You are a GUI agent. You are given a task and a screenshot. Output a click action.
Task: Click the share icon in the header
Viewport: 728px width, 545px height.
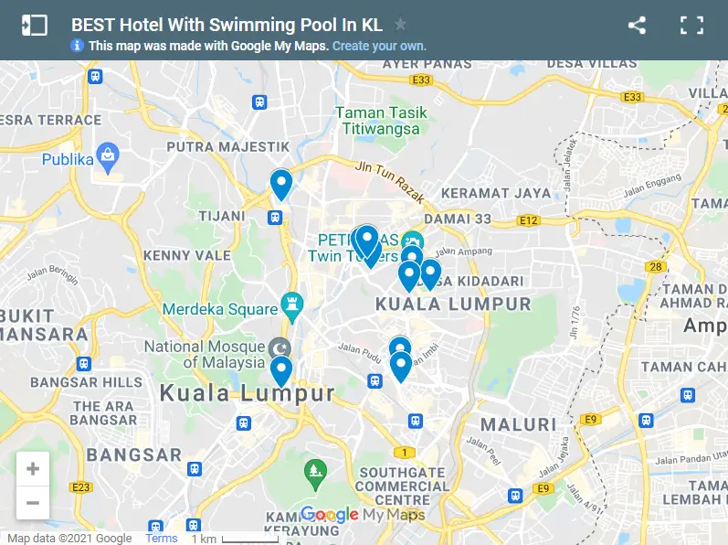click(x=637, y=26)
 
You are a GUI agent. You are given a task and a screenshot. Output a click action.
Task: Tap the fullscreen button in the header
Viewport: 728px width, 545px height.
click(x=691, y=26)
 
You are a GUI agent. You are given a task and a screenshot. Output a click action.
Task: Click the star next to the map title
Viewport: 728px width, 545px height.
click(x=400, y=25)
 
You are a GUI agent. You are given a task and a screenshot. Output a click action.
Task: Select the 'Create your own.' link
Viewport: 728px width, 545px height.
click(x=379, y=46)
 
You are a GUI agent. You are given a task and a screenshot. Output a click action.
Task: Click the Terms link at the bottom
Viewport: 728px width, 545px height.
click(x=162, y=538)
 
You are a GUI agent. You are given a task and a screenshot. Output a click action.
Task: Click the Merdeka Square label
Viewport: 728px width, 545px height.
click(x=219, y=309)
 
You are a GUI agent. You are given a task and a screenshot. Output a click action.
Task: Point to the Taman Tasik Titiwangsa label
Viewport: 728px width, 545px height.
click(x=381, y=121)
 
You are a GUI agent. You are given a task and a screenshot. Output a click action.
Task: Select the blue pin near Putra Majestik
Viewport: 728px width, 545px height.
click(x=281, y=184)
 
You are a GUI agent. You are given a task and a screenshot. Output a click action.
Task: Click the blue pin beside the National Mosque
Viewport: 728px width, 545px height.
click(x=281, y=370)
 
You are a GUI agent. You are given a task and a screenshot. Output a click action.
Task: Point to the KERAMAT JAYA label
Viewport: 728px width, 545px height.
click(x=496, y=193)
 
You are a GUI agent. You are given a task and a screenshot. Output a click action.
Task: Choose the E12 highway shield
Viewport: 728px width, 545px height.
click(x=528, y=220)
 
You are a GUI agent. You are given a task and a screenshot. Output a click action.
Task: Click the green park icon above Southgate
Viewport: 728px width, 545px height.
click(x=315, y=472)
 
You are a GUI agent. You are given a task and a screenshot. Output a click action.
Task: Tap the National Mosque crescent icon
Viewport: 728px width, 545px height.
click(x=281, y=348)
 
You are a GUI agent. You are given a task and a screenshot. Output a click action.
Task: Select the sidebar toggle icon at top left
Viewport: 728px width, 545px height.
click(x=34, y=26)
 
